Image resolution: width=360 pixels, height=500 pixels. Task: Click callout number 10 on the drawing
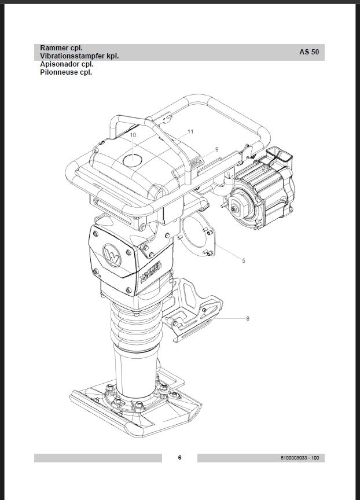[133, 135]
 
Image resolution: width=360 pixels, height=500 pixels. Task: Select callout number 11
[190, 131]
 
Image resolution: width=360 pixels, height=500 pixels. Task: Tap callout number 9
[217, 149]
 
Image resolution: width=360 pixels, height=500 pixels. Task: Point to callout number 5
[244, 261]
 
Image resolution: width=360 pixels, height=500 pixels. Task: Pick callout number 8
[248, 318]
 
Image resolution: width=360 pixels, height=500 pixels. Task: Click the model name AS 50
[309, 52]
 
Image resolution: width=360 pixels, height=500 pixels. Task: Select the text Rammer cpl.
[61, 48]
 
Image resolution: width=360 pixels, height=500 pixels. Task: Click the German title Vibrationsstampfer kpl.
[79, 56]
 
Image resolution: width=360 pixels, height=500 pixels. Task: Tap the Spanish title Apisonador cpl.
[67, 64]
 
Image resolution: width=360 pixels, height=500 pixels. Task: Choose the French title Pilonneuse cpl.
[66, 72]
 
